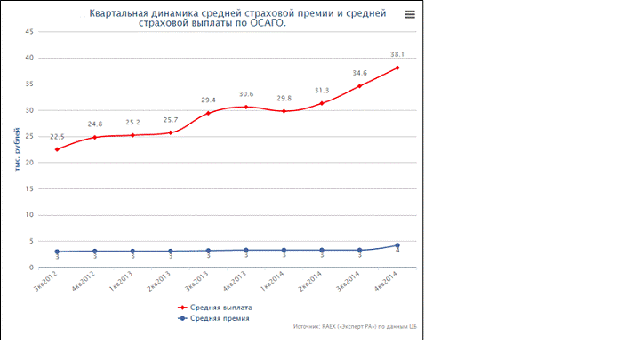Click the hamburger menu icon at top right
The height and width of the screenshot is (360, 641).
pos(409,14)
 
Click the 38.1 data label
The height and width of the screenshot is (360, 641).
pos(397,54)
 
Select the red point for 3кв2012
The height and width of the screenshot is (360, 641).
pos(57,149)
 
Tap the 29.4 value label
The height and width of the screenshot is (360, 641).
pos(208,100)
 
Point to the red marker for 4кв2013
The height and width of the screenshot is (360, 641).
pos(246,107)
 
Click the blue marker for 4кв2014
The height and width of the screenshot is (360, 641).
pos(397,245)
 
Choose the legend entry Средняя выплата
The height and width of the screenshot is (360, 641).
pos(215,307)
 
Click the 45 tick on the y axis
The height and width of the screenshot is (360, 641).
pos(30,32)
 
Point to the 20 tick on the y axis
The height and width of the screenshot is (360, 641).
pos(30,163)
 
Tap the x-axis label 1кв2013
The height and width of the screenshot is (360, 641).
pos(122,283)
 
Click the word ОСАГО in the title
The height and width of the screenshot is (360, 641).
pos(270,24)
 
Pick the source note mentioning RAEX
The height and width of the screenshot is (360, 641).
pos(356,327)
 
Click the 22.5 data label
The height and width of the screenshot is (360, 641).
pos(57,136)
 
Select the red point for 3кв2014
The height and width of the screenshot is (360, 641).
pos(359,86)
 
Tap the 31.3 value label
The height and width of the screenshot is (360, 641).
pos(322,90)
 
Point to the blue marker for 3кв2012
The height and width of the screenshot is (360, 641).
pos(57,252)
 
